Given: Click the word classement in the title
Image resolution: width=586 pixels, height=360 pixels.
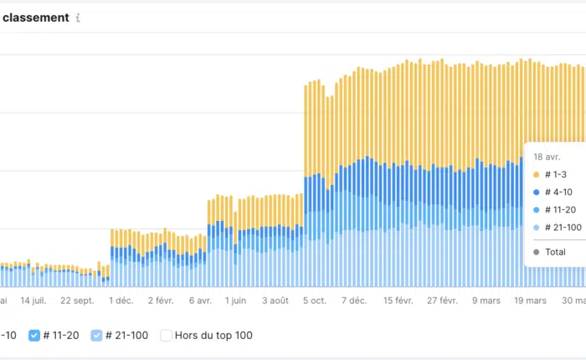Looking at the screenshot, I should [36, 17].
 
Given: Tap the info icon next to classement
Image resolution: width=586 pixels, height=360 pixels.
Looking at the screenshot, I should [78, 18].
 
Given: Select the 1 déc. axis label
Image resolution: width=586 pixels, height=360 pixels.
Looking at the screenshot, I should [121, 301].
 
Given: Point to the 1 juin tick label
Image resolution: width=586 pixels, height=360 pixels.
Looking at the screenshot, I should [236, 301].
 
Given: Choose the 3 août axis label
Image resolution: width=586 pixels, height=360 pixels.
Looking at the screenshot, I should [275, 301].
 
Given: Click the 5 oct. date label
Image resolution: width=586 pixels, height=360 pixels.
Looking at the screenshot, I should [316, 301].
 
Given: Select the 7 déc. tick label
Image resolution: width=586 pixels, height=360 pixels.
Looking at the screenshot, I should [353, 301].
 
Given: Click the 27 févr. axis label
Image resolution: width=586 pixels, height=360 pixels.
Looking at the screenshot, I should [441, 301].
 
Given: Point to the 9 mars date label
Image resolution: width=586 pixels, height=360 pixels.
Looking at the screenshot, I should [486, 301].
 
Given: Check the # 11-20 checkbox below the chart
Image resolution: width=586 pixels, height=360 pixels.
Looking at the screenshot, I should [34, 336].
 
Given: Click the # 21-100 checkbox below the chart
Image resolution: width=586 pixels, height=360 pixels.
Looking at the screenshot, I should [96, 336].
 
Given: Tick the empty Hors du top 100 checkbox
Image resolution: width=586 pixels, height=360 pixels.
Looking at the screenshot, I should [166, 336].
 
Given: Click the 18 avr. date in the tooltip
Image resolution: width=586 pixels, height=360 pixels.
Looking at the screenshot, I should [547, 157].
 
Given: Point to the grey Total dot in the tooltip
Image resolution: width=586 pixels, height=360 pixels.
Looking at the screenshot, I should [536, 252].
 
